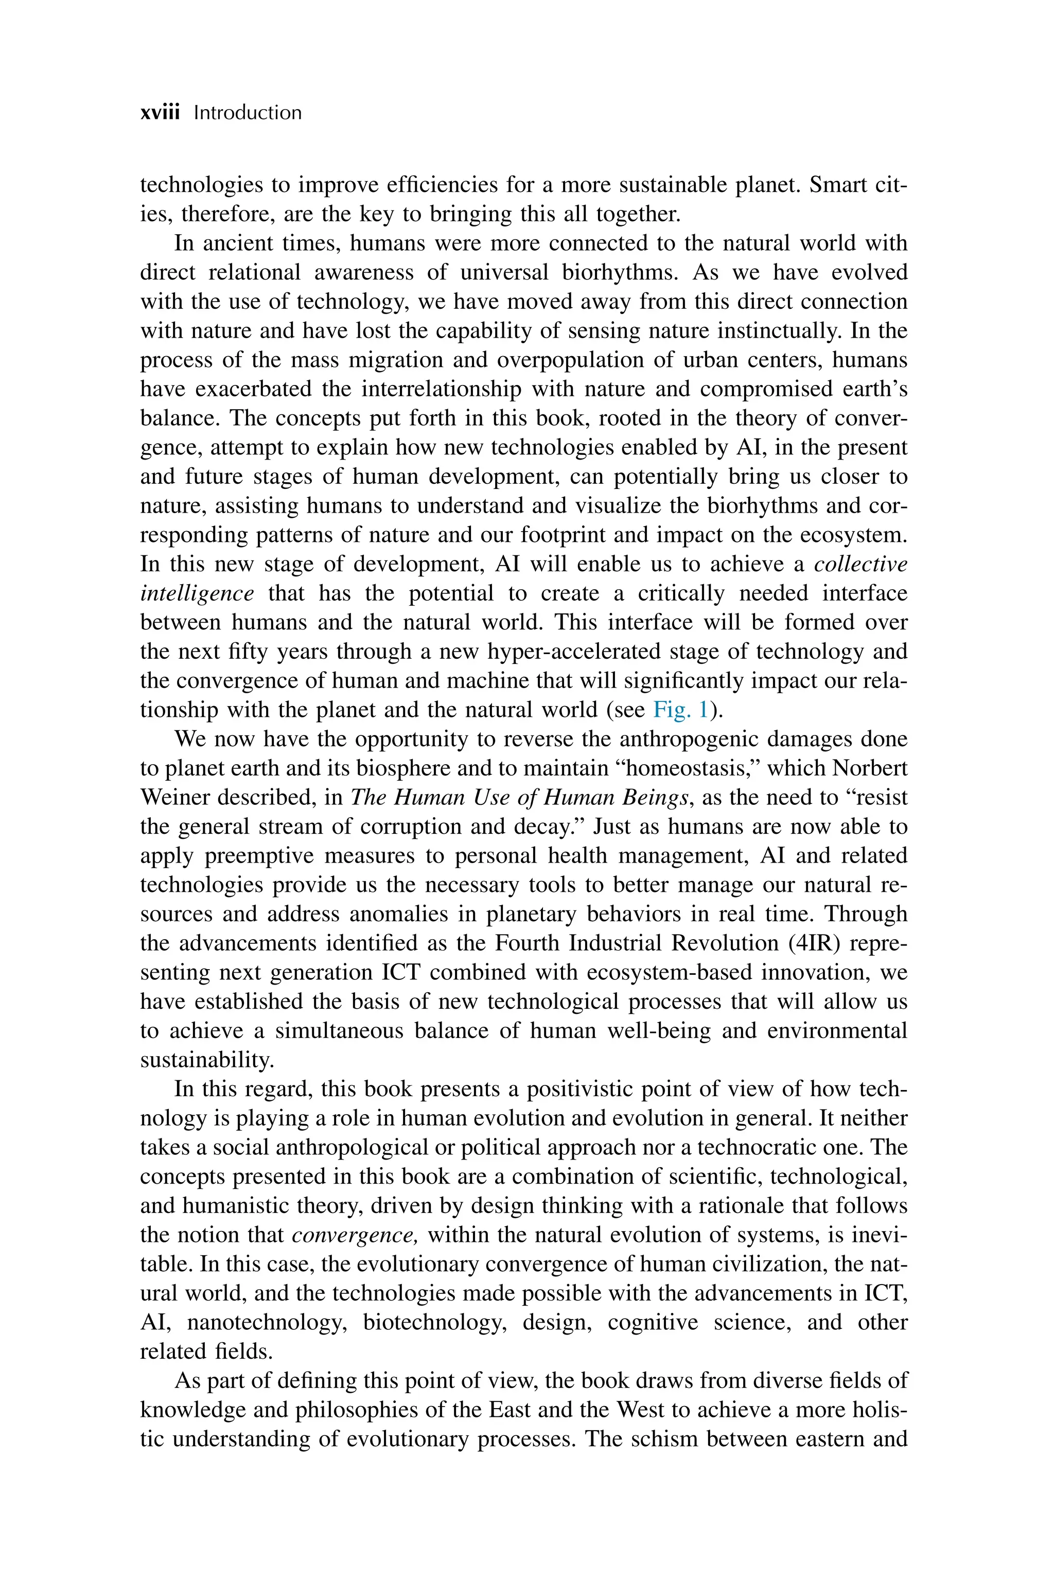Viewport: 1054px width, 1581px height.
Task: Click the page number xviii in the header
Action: (160, 112)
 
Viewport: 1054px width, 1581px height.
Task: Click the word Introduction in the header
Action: (248, 112)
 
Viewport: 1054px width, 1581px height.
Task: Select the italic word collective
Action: (860, 564)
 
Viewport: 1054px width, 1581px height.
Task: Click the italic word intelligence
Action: (197, 593)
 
